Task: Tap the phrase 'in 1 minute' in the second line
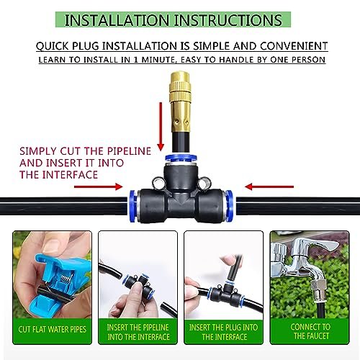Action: (152, 60)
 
